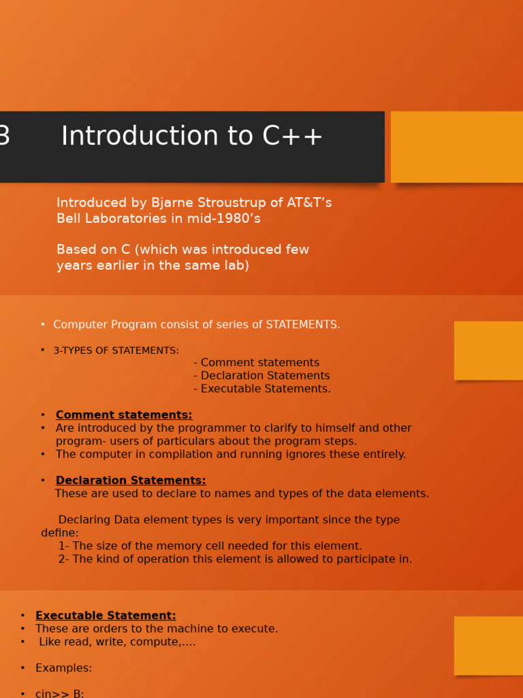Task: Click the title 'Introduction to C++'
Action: click(x=192, y=137)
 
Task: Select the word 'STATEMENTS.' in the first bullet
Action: click(x=302, y=325)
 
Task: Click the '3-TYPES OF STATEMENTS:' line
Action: click(x=116, y=350)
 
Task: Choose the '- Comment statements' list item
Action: click(x=256, y=363)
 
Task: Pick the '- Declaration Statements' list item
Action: click(x=261, y=376)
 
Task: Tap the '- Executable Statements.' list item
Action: click(x=262, y=389)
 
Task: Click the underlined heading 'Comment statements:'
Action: click(x=124, y=415)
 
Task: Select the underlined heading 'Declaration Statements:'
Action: click(x=131, y=481)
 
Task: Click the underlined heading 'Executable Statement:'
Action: click(x=106, y=616)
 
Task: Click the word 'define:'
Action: click(x=60, y=533)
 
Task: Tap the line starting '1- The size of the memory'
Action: click(x=210, y=546)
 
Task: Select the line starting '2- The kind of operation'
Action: click(x=235, y=559)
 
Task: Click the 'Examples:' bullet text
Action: click(x=63, y=668)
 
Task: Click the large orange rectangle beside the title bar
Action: click(x=457, y=147)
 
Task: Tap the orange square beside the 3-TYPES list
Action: click(x=488, y=350)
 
